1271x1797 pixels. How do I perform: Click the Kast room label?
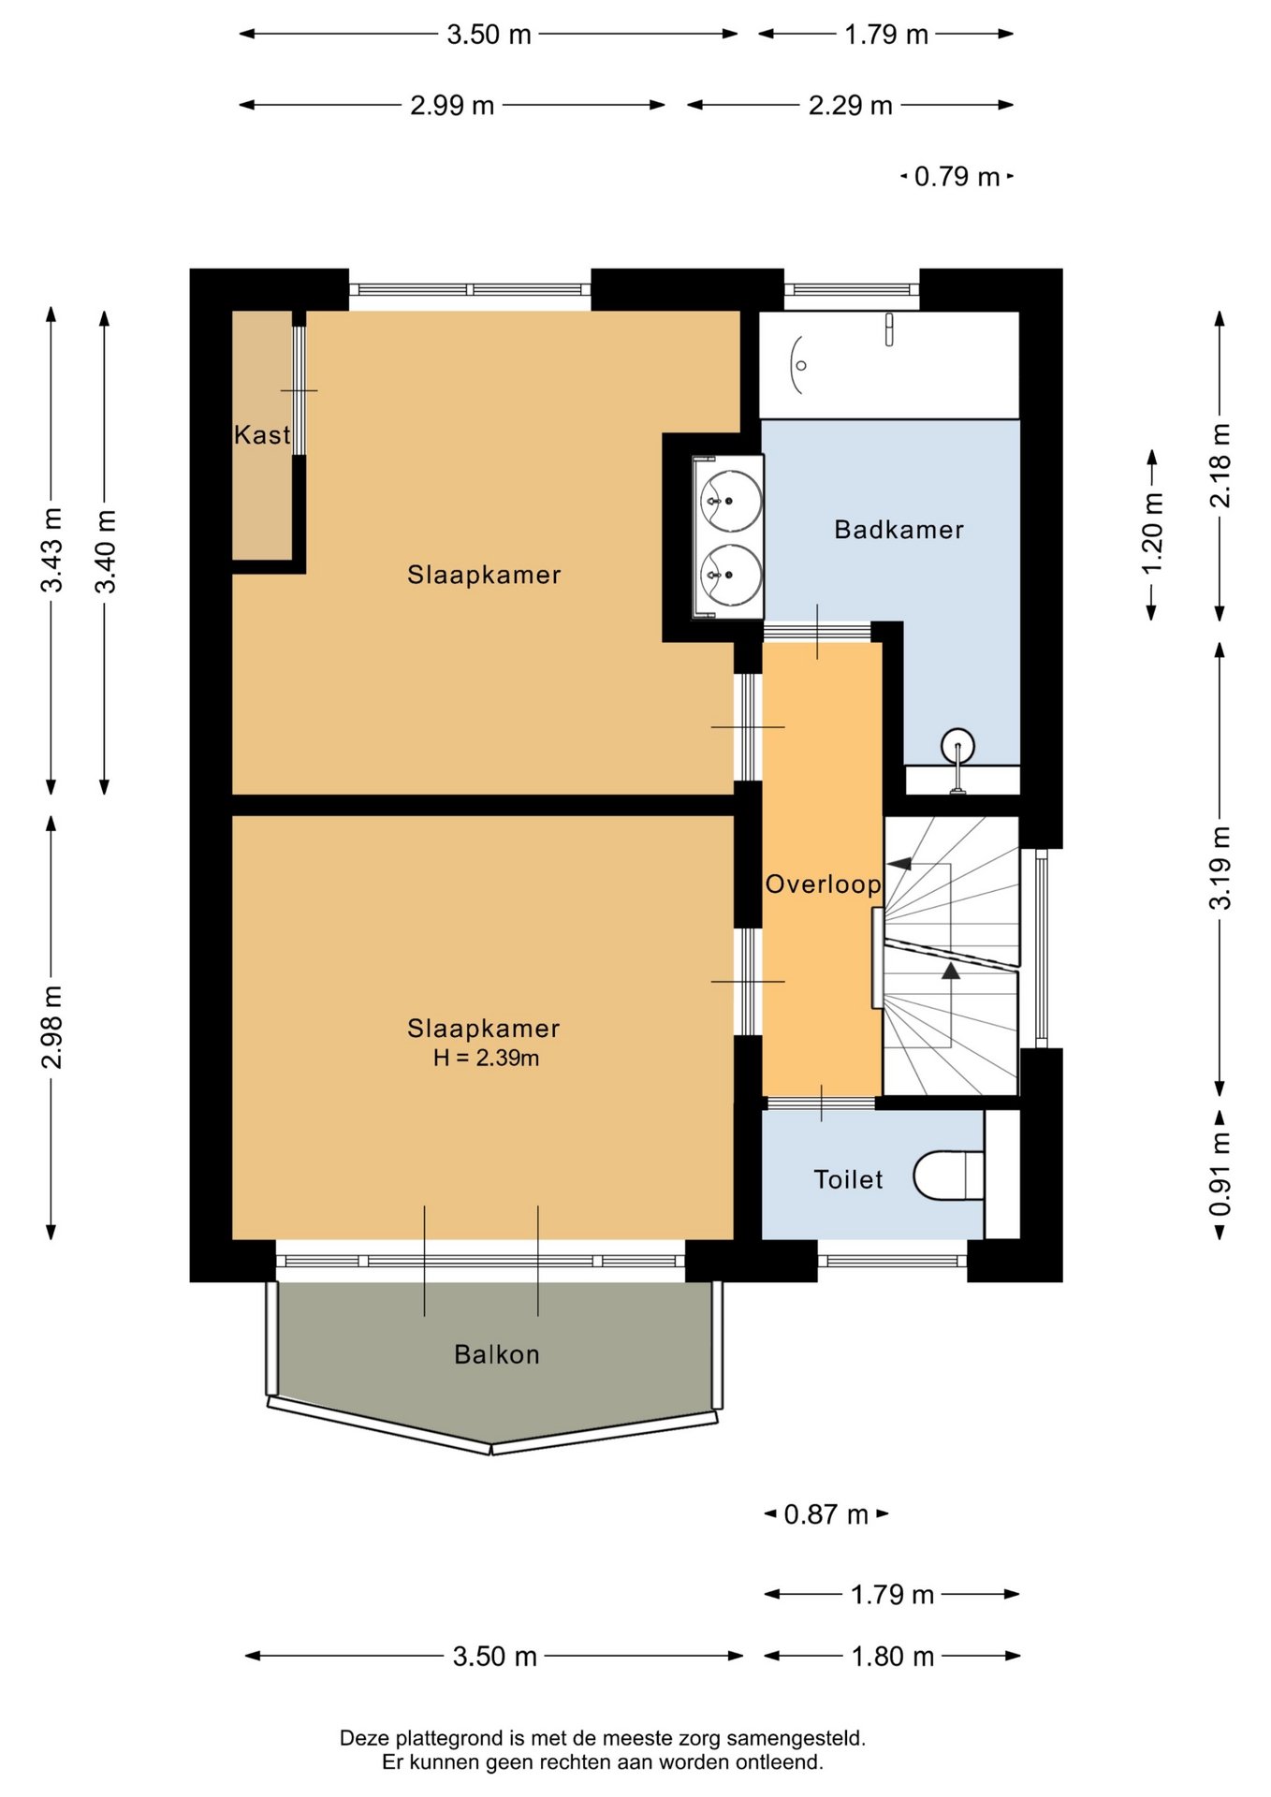(x=262, y=434)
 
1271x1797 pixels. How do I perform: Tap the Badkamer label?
(x=898, y=530)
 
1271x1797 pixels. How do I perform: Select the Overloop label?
(x=823, y=884)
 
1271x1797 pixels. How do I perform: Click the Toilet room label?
(x=848, y=1179)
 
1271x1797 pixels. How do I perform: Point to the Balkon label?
(x=497, y=1354)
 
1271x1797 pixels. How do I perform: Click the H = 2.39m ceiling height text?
(x=486, y=1059)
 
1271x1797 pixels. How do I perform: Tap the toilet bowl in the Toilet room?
(x=948, y=1176)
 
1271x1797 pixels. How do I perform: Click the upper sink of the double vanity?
(x=731, y=500)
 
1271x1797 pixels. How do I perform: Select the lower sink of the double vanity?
(x=731, y=574)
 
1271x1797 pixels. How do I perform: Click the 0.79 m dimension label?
(x=957, y=177)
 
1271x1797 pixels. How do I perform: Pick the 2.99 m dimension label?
(x=452, y=106)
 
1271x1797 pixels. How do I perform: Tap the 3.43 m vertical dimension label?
(x=52, y=550)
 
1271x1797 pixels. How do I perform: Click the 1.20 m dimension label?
(x=1152, y=534)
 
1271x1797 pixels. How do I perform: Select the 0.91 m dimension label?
(x=1220, y=1175)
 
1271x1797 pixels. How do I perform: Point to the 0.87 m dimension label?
(x=826, y=1514)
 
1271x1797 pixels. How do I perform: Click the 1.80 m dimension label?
(x=893, y=1657)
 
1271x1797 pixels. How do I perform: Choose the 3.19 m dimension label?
(x=1220, y=868)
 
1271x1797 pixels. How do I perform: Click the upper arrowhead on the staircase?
(x=900, y=863)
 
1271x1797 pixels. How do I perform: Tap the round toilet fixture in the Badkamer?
(x=957, y=747)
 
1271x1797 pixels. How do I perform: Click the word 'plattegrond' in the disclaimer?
(x=448, y=1739)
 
